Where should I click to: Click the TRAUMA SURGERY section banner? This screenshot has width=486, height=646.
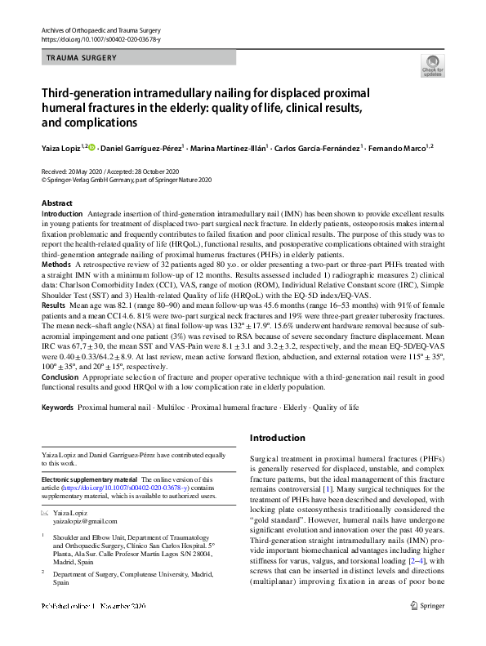pos(82,58)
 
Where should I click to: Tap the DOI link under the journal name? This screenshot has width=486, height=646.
pos(96,39)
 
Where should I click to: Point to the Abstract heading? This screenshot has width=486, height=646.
pos(56,203)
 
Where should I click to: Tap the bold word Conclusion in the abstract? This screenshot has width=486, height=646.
pos(60,377)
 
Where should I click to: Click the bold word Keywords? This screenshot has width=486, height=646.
pos(58,406)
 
